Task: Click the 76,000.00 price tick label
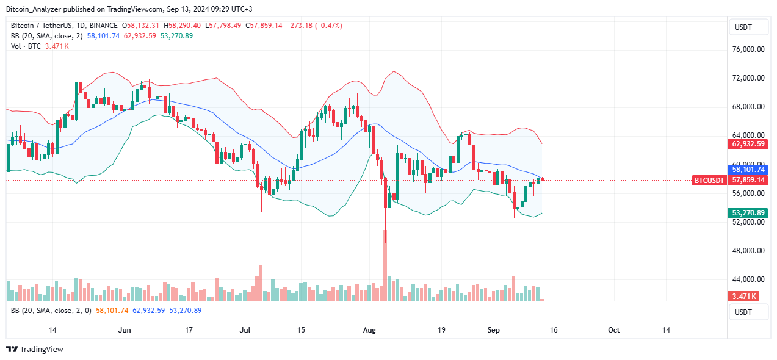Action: [x=748, y=49]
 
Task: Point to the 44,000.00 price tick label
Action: [x=748, y=279]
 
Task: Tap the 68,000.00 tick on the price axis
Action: [x=748, y=107]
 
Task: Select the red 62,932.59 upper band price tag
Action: [x=748, y=145]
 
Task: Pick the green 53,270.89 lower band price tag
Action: [x=748, y=213]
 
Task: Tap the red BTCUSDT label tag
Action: [x=709, y=181]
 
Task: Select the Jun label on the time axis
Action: [x=125, y=330]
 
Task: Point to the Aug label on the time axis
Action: [x=370, y=330]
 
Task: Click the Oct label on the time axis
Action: [x=614, y=330]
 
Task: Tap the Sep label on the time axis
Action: [x=494, y=330]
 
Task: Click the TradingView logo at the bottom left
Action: [x=35, y=349]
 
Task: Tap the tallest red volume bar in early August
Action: [x=385, y=265]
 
